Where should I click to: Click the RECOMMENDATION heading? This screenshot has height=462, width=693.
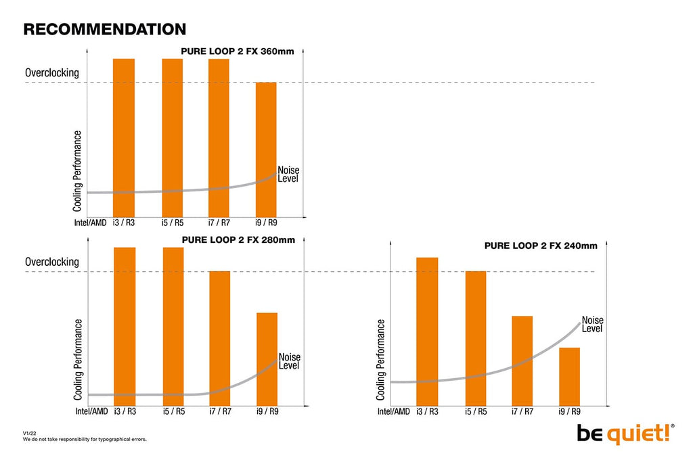[105, 29]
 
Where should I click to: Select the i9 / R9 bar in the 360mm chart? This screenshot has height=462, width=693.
[266, 149]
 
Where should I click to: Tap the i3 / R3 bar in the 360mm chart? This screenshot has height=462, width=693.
[124, 138]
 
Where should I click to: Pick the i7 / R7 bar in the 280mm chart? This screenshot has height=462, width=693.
[220, 338]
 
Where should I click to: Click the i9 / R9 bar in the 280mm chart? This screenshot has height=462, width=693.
[267, 359]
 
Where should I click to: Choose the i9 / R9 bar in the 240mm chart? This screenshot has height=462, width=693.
[569, 377]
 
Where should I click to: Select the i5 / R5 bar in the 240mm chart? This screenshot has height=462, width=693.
[476, 338]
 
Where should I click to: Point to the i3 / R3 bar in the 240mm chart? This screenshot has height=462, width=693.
[427, 331]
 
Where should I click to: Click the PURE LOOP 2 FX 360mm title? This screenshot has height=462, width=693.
[238, 51]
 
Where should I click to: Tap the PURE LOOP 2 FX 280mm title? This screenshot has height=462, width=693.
[238, 240]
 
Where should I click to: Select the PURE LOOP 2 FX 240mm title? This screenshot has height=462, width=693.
[541, 246]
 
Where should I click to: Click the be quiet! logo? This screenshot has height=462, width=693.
[625, 434]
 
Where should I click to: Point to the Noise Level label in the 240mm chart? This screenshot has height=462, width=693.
[592, 324]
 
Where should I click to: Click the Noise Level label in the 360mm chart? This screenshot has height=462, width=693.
[288, 175]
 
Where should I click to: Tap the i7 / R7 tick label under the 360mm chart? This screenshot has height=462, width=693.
[219, 223]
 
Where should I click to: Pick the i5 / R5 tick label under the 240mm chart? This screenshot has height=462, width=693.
[476, 411]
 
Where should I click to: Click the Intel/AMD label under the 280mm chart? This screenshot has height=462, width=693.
[91, 411]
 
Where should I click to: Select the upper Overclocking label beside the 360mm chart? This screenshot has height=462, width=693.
[52, 73]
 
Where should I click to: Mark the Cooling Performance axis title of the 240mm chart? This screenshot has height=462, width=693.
[380, 360]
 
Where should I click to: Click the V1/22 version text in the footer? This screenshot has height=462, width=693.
[30, 434]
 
